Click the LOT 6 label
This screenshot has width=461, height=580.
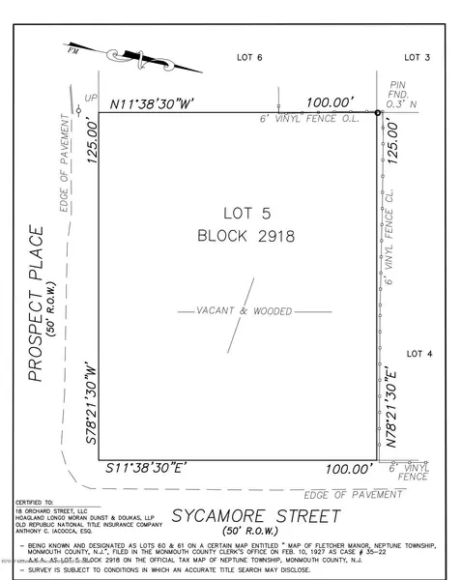coord(250,58)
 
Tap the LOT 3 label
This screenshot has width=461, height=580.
coord(416,58)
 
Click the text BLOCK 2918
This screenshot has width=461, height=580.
coord(245,234)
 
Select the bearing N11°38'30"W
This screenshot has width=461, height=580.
coord(154,101)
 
